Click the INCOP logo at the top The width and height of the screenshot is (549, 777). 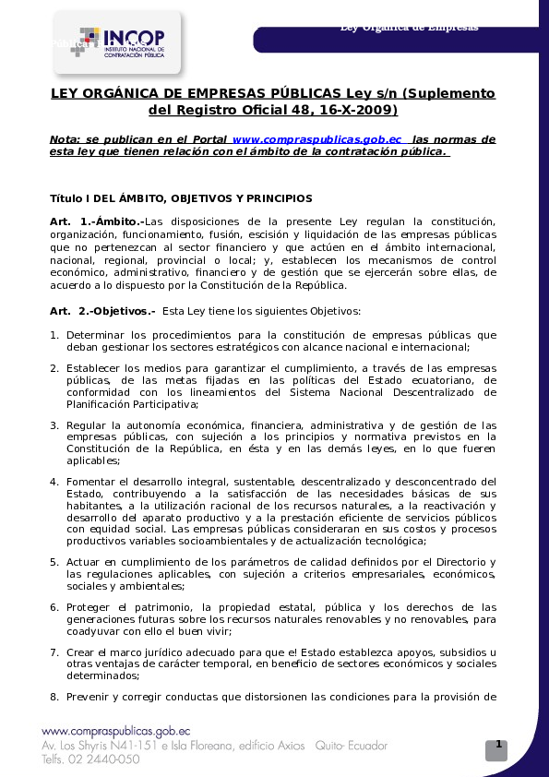(x=118, y=42)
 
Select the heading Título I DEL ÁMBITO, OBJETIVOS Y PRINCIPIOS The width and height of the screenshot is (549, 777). (x=181, y=198)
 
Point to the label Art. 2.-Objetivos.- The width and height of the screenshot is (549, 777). (x=102, y=311)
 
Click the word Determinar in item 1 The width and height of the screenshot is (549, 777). (x=96, y=334)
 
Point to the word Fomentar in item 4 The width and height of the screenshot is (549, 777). (x=93, y=481)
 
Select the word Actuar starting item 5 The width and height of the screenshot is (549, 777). (x=85, y=561)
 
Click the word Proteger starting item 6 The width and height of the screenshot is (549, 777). (x=90, y=606)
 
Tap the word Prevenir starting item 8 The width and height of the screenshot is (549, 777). (x=90, y=697)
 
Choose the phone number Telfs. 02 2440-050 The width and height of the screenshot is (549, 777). (x=90, y=759)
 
